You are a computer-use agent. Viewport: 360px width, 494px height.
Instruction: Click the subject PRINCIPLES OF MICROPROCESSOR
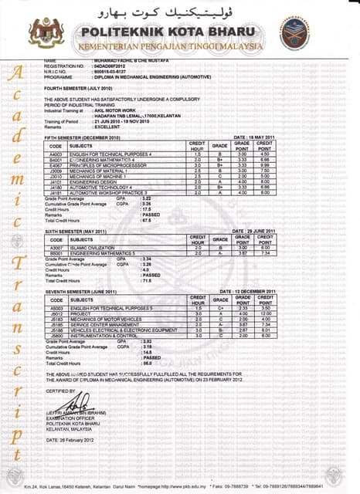tap(107, 165)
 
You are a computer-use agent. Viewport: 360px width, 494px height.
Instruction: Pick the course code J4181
tap(55, 192)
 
